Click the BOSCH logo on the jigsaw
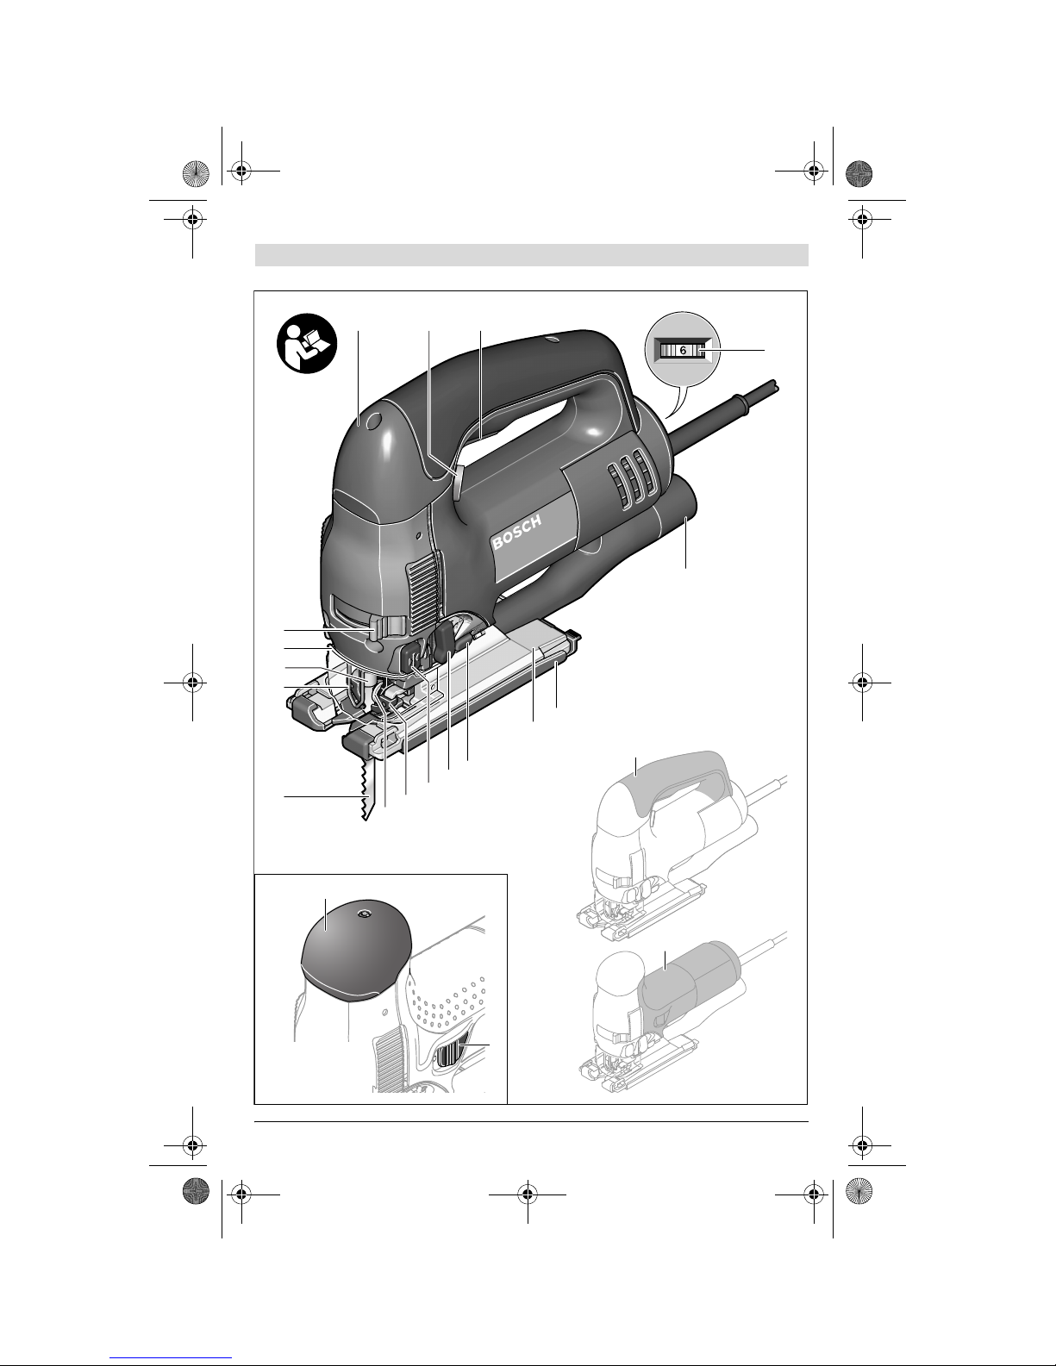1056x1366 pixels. click(516, 533)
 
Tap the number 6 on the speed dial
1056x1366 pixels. click(684, 351)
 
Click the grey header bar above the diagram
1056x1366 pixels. click(531, 255)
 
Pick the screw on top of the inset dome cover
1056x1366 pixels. click(363, 914)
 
